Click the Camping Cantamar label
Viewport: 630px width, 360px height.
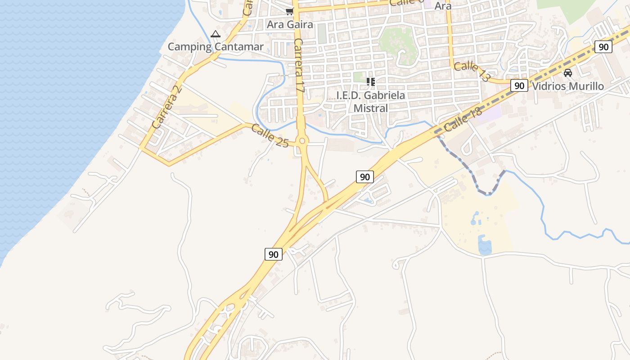(216, 47)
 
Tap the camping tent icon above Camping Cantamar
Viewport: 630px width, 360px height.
(216, 34)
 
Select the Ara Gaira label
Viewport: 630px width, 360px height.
(289, 24)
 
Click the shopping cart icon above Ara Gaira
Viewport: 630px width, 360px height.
(289, 11)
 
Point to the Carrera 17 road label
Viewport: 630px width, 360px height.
(299, 66)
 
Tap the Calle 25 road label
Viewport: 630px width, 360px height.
(270, 136)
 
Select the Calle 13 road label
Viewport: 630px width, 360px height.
(472, 72)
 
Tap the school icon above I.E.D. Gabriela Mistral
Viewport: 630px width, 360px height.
(371, 82)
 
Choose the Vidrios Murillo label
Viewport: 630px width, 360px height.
(568, 86)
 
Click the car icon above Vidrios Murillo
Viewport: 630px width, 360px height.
(568, 73)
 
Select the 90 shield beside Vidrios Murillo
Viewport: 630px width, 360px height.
(519, 85)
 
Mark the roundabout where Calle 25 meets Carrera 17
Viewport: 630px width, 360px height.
(302, 141)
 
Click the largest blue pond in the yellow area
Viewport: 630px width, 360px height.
(485, 246)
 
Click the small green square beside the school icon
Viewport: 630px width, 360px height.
(358, 77)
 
